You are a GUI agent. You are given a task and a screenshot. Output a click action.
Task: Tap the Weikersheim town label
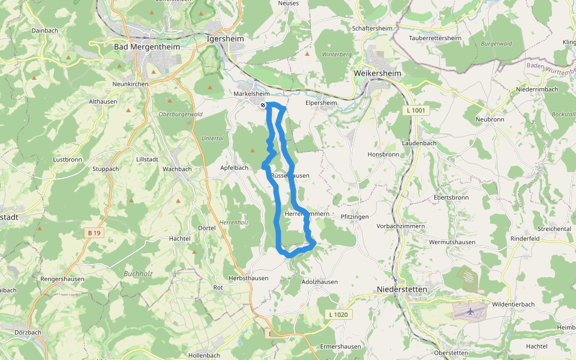377,73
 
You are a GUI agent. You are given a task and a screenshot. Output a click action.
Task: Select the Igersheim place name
224,37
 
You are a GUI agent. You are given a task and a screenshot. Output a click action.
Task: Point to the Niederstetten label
401,289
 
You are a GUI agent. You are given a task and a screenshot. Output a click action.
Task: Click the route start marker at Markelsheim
263,106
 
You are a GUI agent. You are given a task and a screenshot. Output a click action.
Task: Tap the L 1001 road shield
415,111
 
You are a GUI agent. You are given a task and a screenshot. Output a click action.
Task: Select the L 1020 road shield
338,314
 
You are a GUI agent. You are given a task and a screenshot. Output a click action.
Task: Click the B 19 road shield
93,233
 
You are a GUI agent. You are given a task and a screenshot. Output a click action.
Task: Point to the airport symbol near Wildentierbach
470,311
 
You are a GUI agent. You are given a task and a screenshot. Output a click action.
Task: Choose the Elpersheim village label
322,103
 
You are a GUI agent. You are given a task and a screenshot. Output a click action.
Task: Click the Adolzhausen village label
320,281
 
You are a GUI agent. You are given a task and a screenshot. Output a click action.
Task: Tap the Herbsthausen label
248,278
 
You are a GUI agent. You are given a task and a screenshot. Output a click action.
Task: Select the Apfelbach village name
234,168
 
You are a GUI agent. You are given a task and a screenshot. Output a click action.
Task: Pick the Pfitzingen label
355,216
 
